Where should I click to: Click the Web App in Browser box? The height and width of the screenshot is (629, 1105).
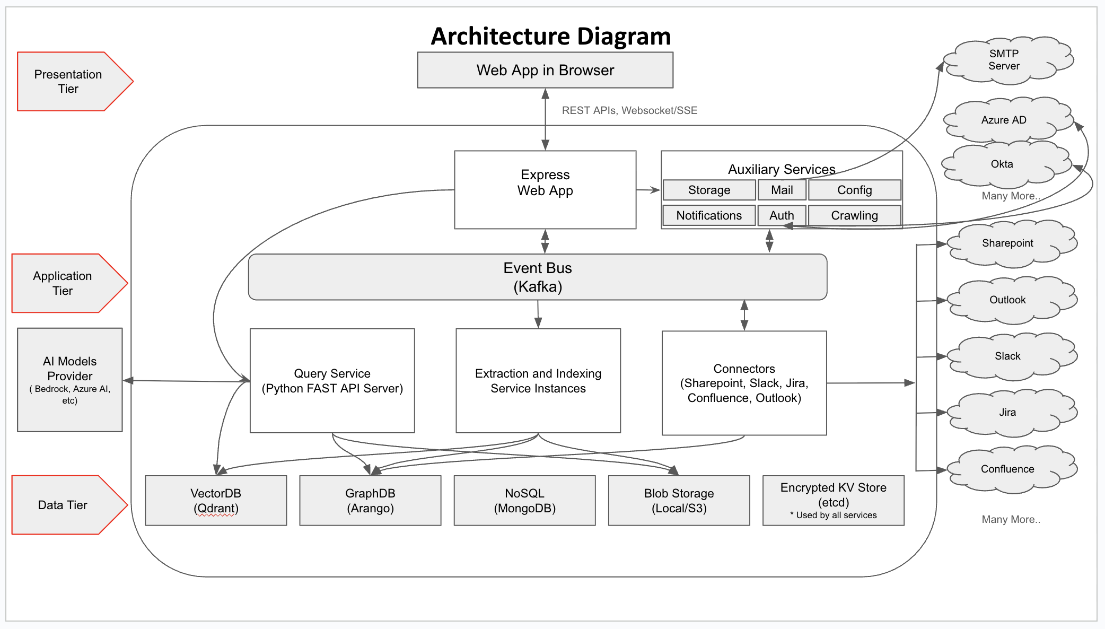(x=545, y=70)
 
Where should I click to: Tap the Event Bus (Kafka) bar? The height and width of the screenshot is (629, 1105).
(x=537, y=277)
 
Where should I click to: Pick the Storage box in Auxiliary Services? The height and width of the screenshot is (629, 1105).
(x=709, y=190)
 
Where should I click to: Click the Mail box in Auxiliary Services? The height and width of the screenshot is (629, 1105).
(x=782, y=190)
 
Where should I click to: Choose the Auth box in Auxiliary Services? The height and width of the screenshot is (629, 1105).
(x=782, y=215)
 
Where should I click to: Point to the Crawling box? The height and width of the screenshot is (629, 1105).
(x=854, y=215)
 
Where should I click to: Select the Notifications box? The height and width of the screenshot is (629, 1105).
(x=709, y=215)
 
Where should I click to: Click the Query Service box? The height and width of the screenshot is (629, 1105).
(x=332, y=381)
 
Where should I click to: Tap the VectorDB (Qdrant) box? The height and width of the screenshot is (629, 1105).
(x=216, y=500)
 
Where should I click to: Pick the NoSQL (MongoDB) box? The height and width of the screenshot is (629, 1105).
(x=524, y=500)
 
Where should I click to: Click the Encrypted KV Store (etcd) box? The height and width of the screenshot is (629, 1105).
(x=833, y=500)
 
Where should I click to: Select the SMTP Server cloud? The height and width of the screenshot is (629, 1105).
(x=1004, y=60)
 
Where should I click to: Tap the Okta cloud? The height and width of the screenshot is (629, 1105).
(x=1002, y=164)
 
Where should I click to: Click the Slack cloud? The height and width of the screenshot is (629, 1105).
(x=1007, y=356)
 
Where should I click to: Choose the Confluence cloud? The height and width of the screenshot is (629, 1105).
(x=1007, y=469)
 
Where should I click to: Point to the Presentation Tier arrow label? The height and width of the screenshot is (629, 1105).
(x=68, y=82)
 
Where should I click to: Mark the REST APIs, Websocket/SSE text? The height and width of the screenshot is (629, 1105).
(x=629, y=110)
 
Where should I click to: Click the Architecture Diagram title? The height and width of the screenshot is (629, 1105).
(x=550, y=36)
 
